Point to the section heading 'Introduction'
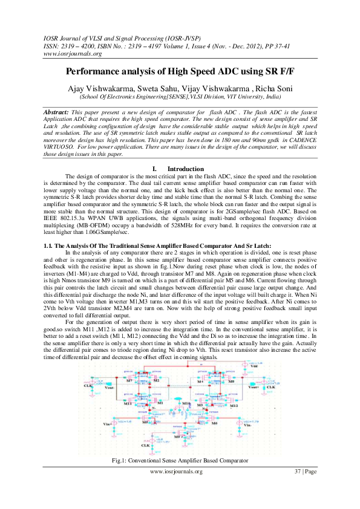tap(185, 169)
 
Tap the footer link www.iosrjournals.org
tap(180, 472)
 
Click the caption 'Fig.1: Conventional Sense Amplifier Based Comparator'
tap(180, 461)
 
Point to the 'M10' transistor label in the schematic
tap(186, 402)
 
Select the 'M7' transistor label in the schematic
tap(129, 381)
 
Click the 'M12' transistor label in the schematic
tap(234, 406)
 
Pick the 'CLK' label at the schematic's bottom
tap(145, 445)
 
